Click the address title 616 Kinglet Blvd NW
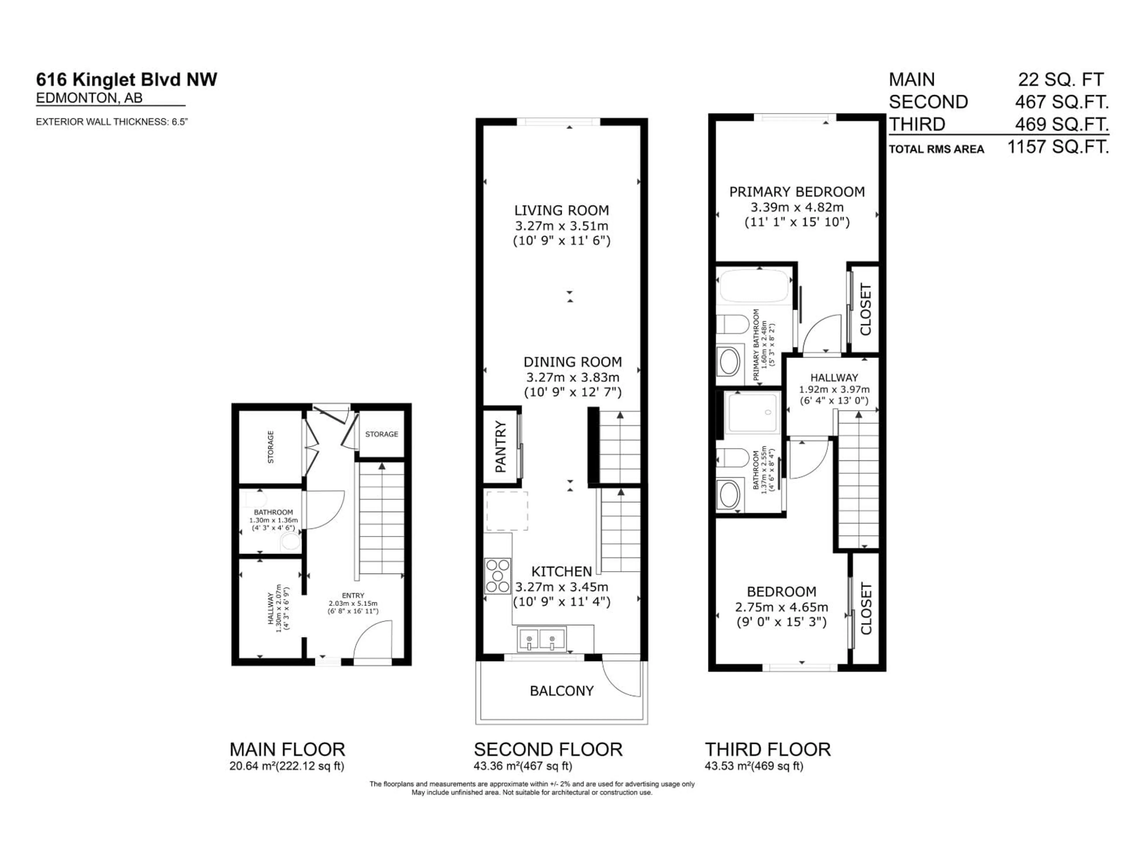click(x=126, y=80)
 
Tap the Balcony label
click(x=562, y=691)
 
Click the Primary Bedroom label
click(x=797, y=192)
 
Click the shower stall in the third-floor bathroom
click(x=753, y=413)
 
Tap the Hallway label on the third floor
click(x=834, y=378)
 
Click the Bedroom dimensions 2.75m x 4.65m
click(x=781, y=607)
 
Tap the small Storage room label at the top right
click(x=381, y=434)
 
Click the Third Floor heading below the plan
click(x=768, y=750)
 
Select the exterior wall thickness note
click(x=112, y=122)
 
